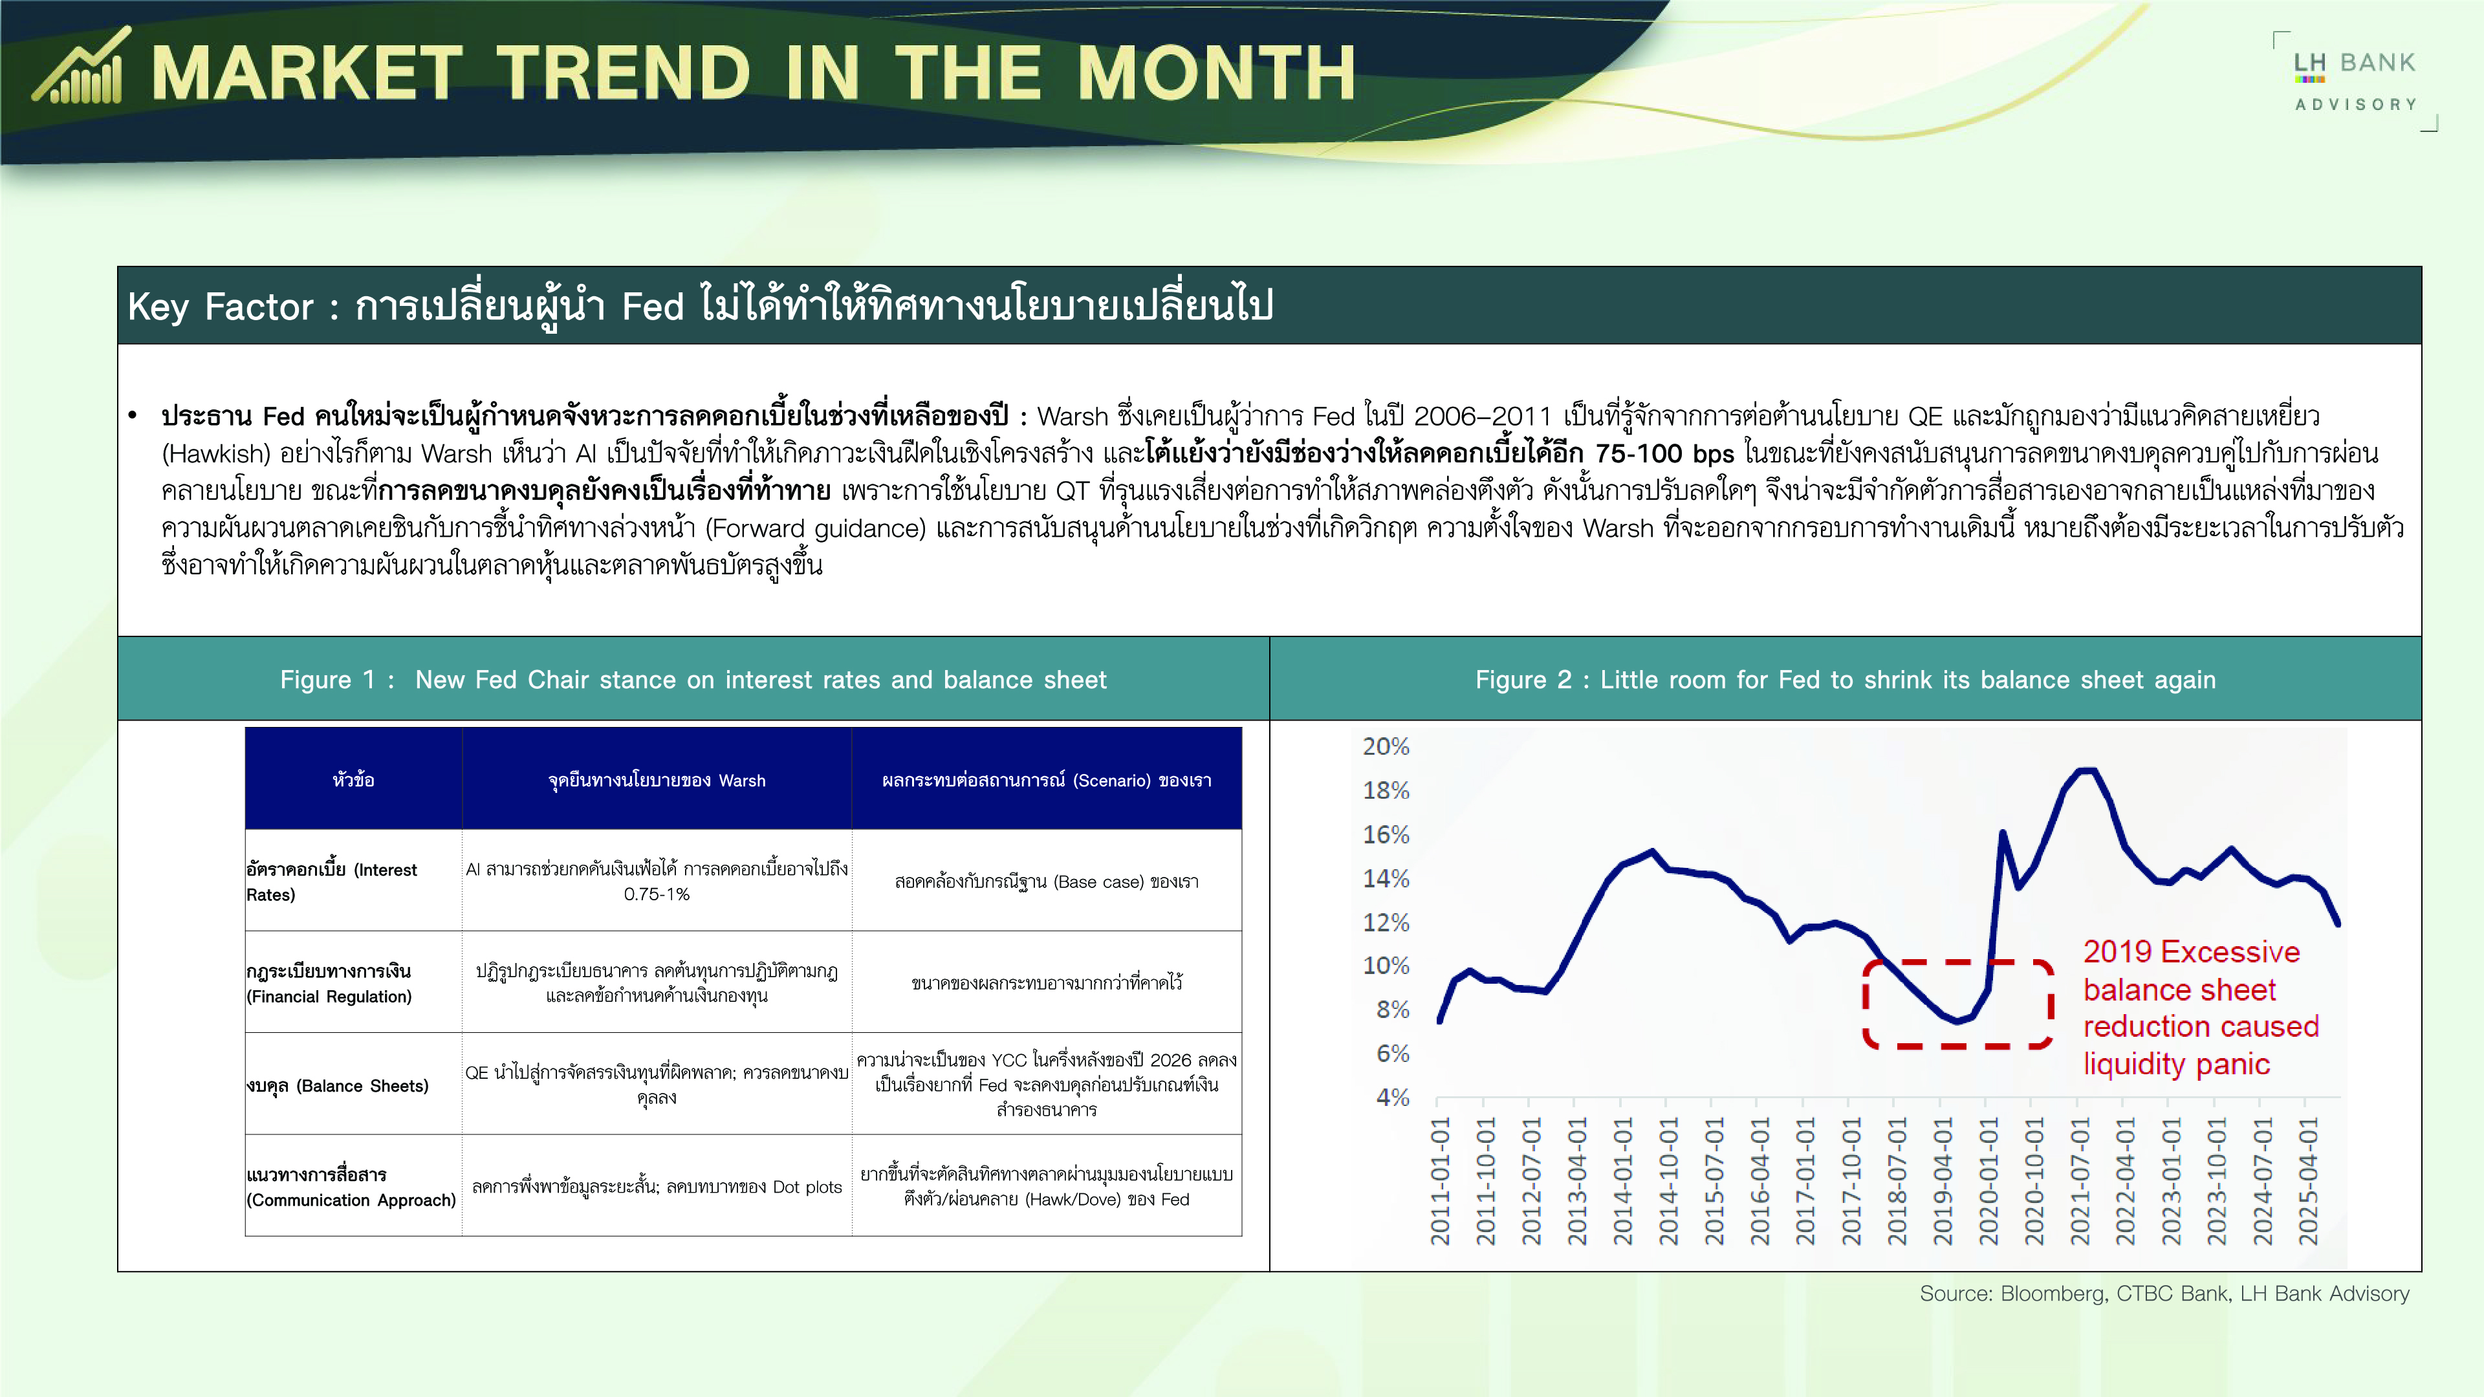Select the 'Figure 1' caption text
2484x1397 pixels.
[693, 680]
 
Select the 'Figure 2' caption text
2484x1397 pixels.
[1845, 680]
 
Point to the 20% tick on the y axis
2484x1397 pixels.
[1386, 746]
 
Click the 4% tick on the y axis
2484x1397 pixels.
[1393, 1097]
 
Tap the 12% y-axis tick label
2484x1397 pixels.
[1386, 923]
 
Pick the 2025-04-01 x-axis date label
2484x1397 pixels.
[2307, 1181]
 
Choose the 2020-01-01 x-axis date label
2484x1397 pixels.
[1988, 1181]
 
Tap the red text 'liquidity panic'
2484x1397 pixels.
[2176, 1065]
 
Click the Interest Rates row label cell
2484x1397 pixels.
[354, 880]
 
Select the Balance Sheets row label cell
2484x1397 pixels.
[354, 1084]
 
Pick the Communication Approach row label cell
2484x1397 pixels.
[354, 1186]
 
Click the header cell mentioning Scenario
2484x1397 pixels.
[1046, 779]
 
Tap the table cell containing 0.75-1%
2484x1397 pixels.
[657, 880]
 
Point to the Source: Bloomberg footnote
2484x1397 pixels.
[2164, 1294]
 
